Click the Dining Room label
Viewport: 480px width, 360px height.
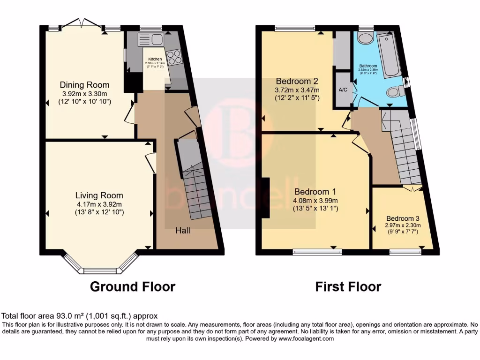(84, 85)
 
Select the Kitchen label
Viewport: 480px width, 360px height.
(155, 59)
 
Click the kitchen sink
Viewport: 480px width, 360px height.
(150, 39)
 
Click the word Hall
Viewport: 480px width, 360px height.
(183, 231)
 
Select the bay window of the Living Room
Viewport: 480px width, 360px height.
(99, 265)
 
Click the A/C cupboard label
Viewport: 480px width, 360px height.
(343, 90)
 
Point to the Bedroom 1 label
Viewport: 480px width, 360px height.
(315, 191)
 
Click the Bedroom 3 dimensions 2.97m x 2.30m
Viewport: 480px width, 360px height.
(403, 225)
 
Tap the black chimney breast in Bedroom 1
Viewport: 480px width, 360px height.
(266, 198)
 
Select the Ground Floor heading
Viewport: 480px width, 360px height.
(133, 286)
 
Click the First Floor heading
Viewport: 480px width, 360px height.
(348, 286)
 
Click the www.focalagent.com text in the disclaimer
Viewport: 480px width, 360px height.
(306, 338)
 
